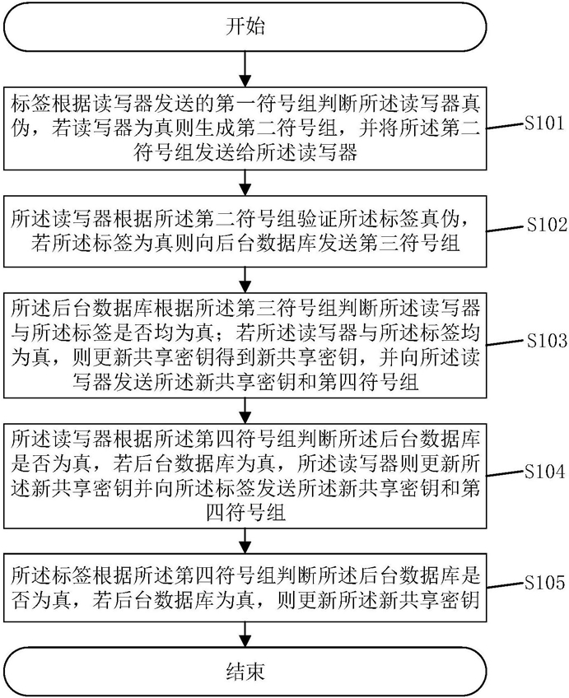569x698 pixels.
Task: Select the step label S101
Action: pyautogui.click(x=543, y=124)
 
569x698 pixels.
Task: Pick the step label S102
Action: pyautogui.click(x=543, y=223)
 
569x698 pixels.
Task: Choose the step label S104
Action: pyautogui.click(x=543, y=472)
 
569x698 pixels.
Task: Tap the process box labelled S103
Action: pyautogui.click(x=245, y=345)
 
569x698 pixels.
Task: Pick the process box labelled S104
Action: pyautogui.click(x=245, y=474)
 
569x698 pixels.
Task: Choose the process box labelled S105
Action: pyautogui.click(x=245, y=584)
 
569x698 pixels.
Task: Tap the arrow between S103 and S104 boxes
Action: pyautogui.click(x=245, y=408)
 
